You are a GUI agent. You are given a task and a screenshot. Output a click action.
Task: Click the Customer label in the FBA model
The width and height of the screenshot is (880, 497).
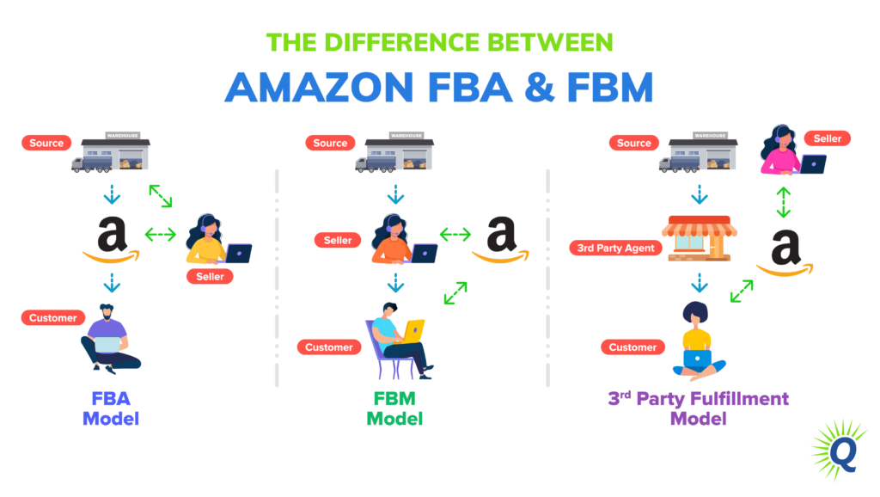[53, 317]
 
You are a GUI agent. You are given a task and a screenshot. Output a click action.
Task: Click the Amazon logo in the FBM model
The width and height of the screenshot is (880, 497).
[500, 240]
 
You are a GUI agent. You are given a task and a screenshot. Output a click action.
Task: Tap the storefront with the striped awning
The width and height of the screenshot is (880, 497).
[697, 238]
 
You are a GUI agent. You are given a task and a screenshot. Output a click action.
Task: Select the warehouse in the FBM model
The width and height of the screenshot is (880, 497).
[396, 151]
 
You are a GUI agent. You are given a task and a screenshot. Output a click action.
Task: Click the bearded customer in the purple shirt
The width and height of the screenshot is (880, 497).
[109, 339]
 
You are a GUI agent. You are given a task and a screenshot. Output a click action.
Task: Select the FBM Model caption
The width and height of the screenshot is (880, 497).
[394, 408]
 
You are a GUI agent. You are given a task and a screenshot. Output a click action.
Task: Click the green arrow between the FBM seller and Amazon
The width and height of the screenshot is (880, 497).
[455, 234]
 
